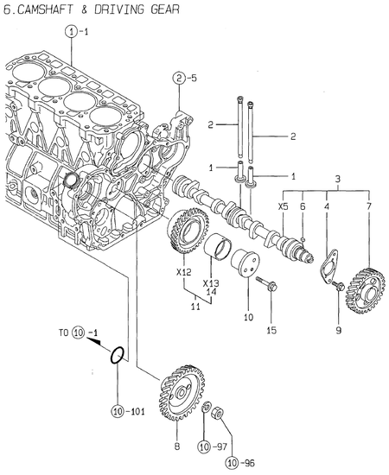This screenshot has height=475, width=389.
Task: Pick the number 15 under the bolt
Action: (271, 329)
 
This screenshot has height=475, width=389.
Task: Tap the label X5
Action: (284, 207)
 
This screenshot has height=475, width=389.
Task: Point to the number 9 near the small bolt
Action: (339, 329)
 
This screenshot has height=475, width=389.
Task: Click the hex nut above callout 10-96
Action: (221, 412)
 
